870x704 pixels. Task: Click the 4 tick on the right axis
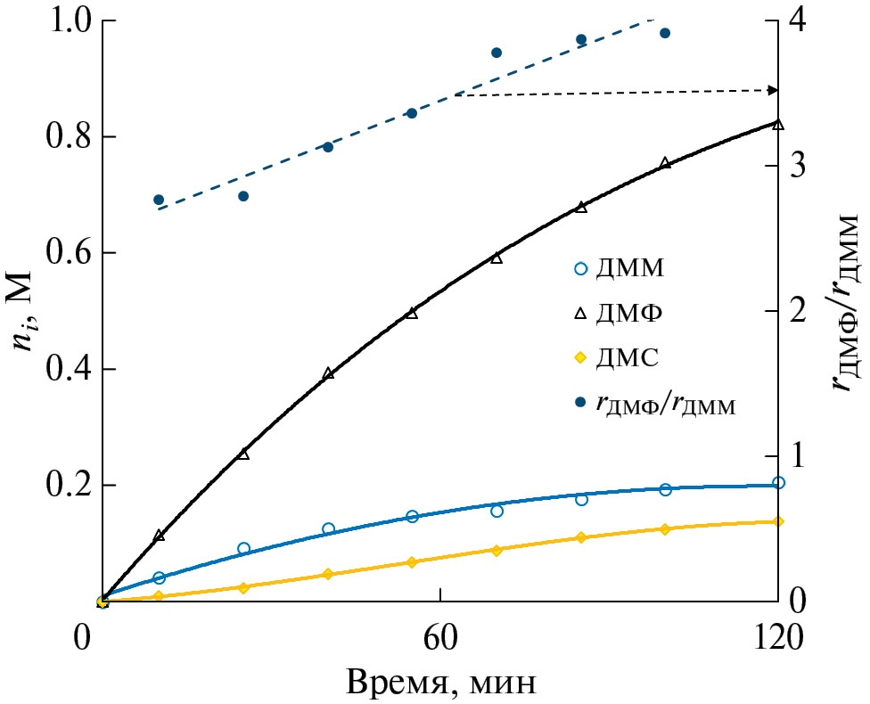[800, 21]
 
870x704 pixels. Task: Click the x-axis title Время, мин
[440, 683]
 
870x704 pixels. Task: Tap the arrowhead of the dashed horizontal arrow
[774, 90]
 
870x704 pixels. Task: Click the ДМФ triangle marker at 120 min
[778, 124]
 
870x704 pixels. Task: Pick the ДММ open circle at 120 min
[778, 483]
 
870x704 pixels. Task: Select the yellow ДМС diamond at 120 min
[778, 521]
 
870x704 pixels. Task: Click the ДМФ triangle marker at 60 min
[412, 313]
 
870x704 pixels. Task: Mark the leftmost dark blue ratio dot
[159, 200]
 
